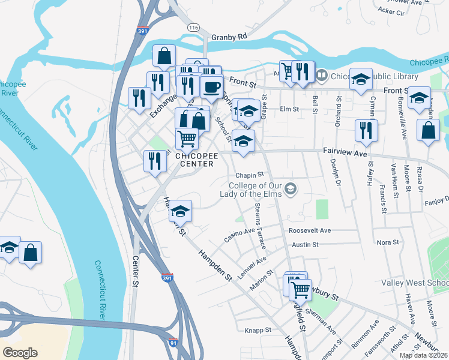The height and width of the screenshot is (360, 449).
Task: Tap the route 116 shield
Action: tap(193, 28)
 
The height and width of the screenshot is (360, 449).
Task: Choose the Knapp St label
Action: tap(259, 330)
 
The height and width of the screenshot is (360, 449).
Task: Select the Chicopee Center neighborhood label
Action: tap(194, 160)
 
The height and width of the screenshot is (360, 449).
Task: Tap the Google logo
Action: tap(20, 353)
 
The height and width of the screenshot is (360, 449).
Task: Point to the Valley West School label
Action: tap(415, 283)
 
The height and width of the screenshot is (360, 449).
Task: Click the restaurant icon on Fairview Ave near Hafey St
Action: tap(366, 130)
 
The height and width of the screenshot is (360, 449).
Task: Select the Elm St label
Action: tap(289, 109)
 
